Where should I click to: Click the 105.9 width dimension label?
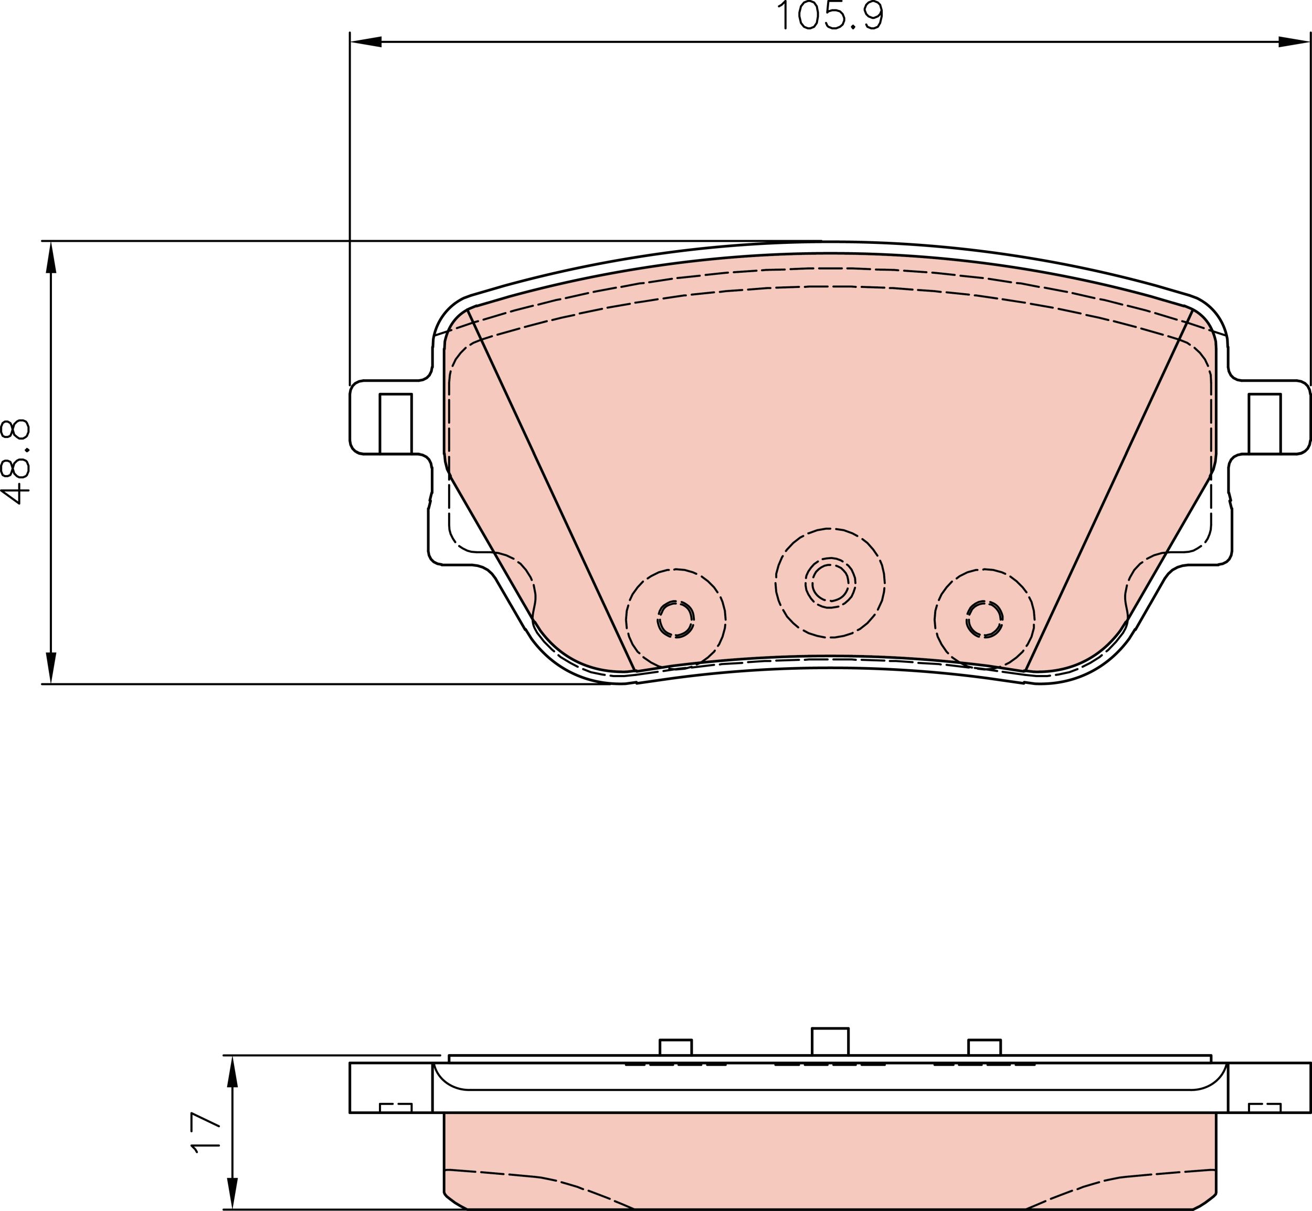829,16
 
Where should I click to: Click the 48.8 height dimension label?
16,462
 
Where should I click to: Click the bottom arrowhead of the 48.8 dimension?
50,668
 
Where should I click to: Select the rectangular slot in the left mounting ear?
395,423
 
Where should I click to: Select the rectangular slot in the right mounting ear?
1264,423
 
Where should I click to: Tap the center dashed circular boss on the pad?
830,582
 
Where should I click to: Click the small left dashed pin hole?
675,618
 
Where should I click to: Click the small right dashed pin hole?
984,618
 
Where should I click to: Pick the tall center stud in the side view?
830,1041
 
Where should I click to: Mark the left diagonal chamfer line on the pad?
551,488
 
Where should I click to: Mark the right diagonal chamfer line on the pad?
1108,488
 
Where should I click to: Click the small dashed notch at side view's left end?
395,1108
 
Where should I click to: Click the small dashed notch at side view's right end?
1264,1108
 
